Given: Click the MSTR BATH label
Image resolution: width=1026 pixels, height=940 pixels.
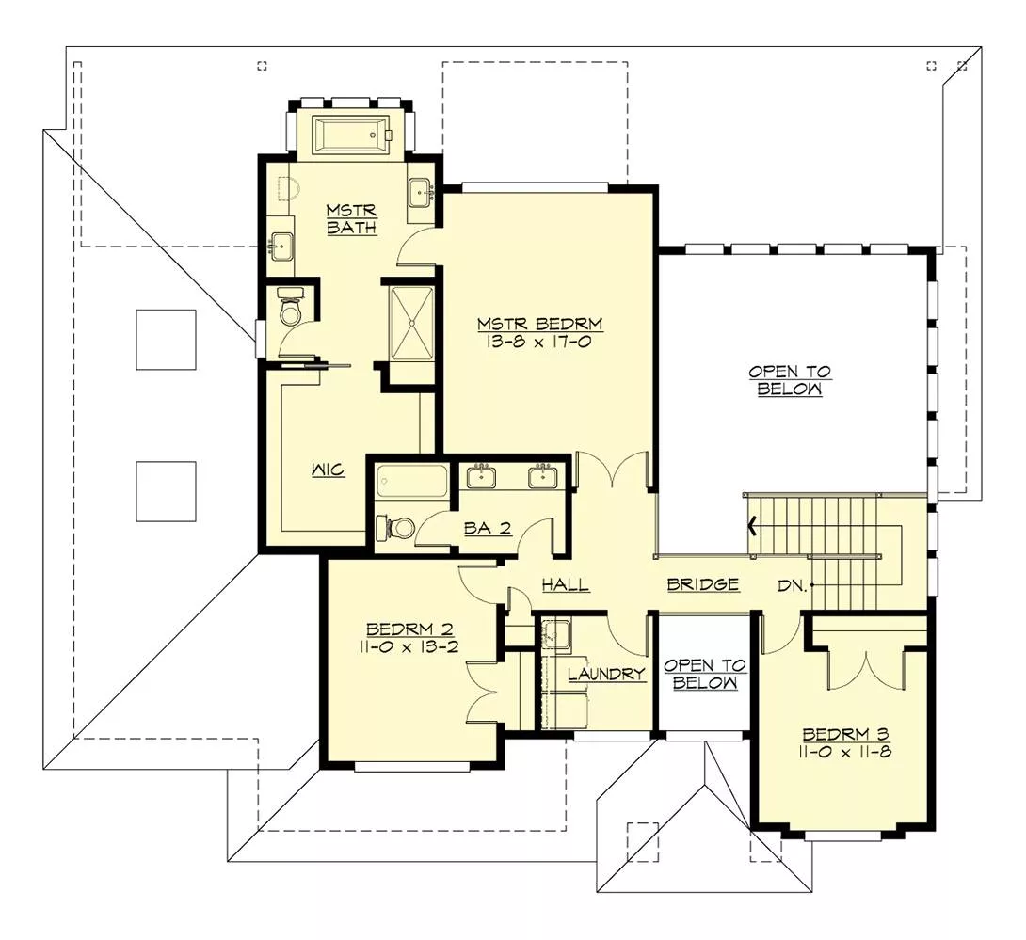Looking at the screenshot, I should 352,218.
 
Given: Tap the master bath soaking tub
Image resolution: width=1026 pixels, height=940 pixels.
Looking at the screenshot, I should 351,135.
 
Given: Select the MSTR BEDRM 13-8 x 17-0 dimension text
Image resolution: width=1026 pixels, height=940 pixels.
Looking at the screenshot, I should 539,343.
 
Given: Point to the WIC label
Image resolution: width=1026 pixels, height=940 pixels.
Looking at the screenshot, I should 329,470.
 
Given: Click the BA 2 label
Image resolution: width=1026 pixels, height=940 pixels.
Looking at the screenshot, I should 488,528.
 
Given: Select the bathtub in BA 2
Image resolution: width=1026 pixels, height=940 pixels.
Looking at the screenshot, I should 412,482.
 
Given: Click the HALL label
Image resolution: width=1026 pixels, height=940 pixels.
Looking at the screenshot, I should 566,585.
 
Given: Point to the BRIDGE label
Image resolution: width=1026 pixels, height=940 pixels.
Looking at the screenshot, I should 702,585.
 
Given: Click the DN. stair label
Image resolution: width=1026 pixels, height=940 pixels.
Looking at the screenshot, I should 792,585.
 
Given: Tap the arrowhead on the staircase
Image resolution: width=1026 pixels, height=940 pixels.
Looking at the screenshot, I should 752,525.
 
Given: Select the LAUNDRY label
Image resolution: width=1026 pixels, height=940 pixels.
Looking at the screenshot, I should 606,674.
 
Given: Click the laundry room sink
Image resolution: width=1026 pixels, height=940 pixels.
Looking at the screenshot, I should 556,634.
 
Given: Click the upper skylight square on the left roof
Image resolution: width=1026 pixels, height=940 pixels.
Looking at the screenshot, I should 166,340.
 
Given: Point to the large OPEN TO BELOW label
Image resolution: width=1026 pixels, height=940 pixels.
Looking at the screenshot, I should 790,380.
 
